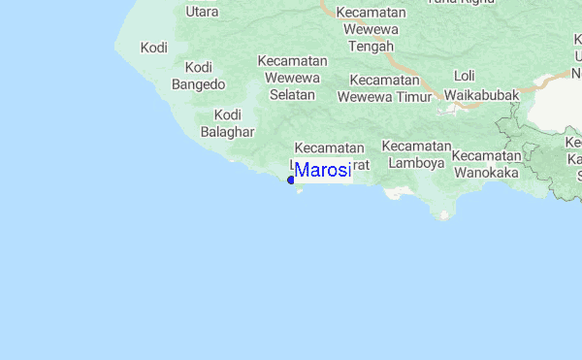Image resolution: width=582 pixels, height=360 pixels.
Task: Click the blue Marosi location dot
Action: pos(291,180)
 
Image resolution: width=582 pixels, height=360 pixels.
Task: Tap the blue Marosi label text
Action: pos(323,171)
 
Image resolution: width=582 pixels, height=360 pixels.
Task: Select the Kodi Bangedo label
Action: pos(198,76)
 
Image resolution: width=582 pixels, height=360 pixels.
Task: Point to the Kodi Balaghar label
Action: pos(227,122)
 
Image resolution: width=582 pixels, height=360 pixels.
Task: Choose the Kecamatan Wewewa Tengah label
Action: pos(370,29)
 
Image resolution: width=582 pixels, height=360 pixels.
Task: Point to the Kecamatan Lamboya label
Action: pos(416,154)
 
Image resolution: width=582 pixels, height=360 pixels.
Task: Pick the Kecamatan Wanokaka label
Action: pos(486,164)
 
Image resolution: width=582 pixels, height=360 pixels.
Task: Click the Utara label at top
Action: pos(201,12)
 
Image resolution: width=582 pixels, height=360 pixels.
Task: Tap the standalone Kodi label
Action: pos(154,48)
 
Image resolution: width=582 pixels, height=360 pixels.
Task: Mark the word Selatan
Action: pos(293,95)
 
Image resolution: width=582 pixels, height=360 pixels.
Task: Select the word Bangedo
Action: pos(198,84)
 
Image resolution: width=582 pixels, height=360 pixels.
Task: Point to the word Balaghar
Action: pos(227,131)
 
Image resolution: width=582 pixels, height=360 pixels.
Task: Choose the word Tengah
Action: pos(370,47)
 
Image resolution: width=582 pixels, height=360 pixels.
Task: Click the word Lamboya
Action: pos(416,163)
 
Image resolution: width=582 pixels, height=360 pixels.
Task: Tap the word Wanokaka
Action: pos(486,173)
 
